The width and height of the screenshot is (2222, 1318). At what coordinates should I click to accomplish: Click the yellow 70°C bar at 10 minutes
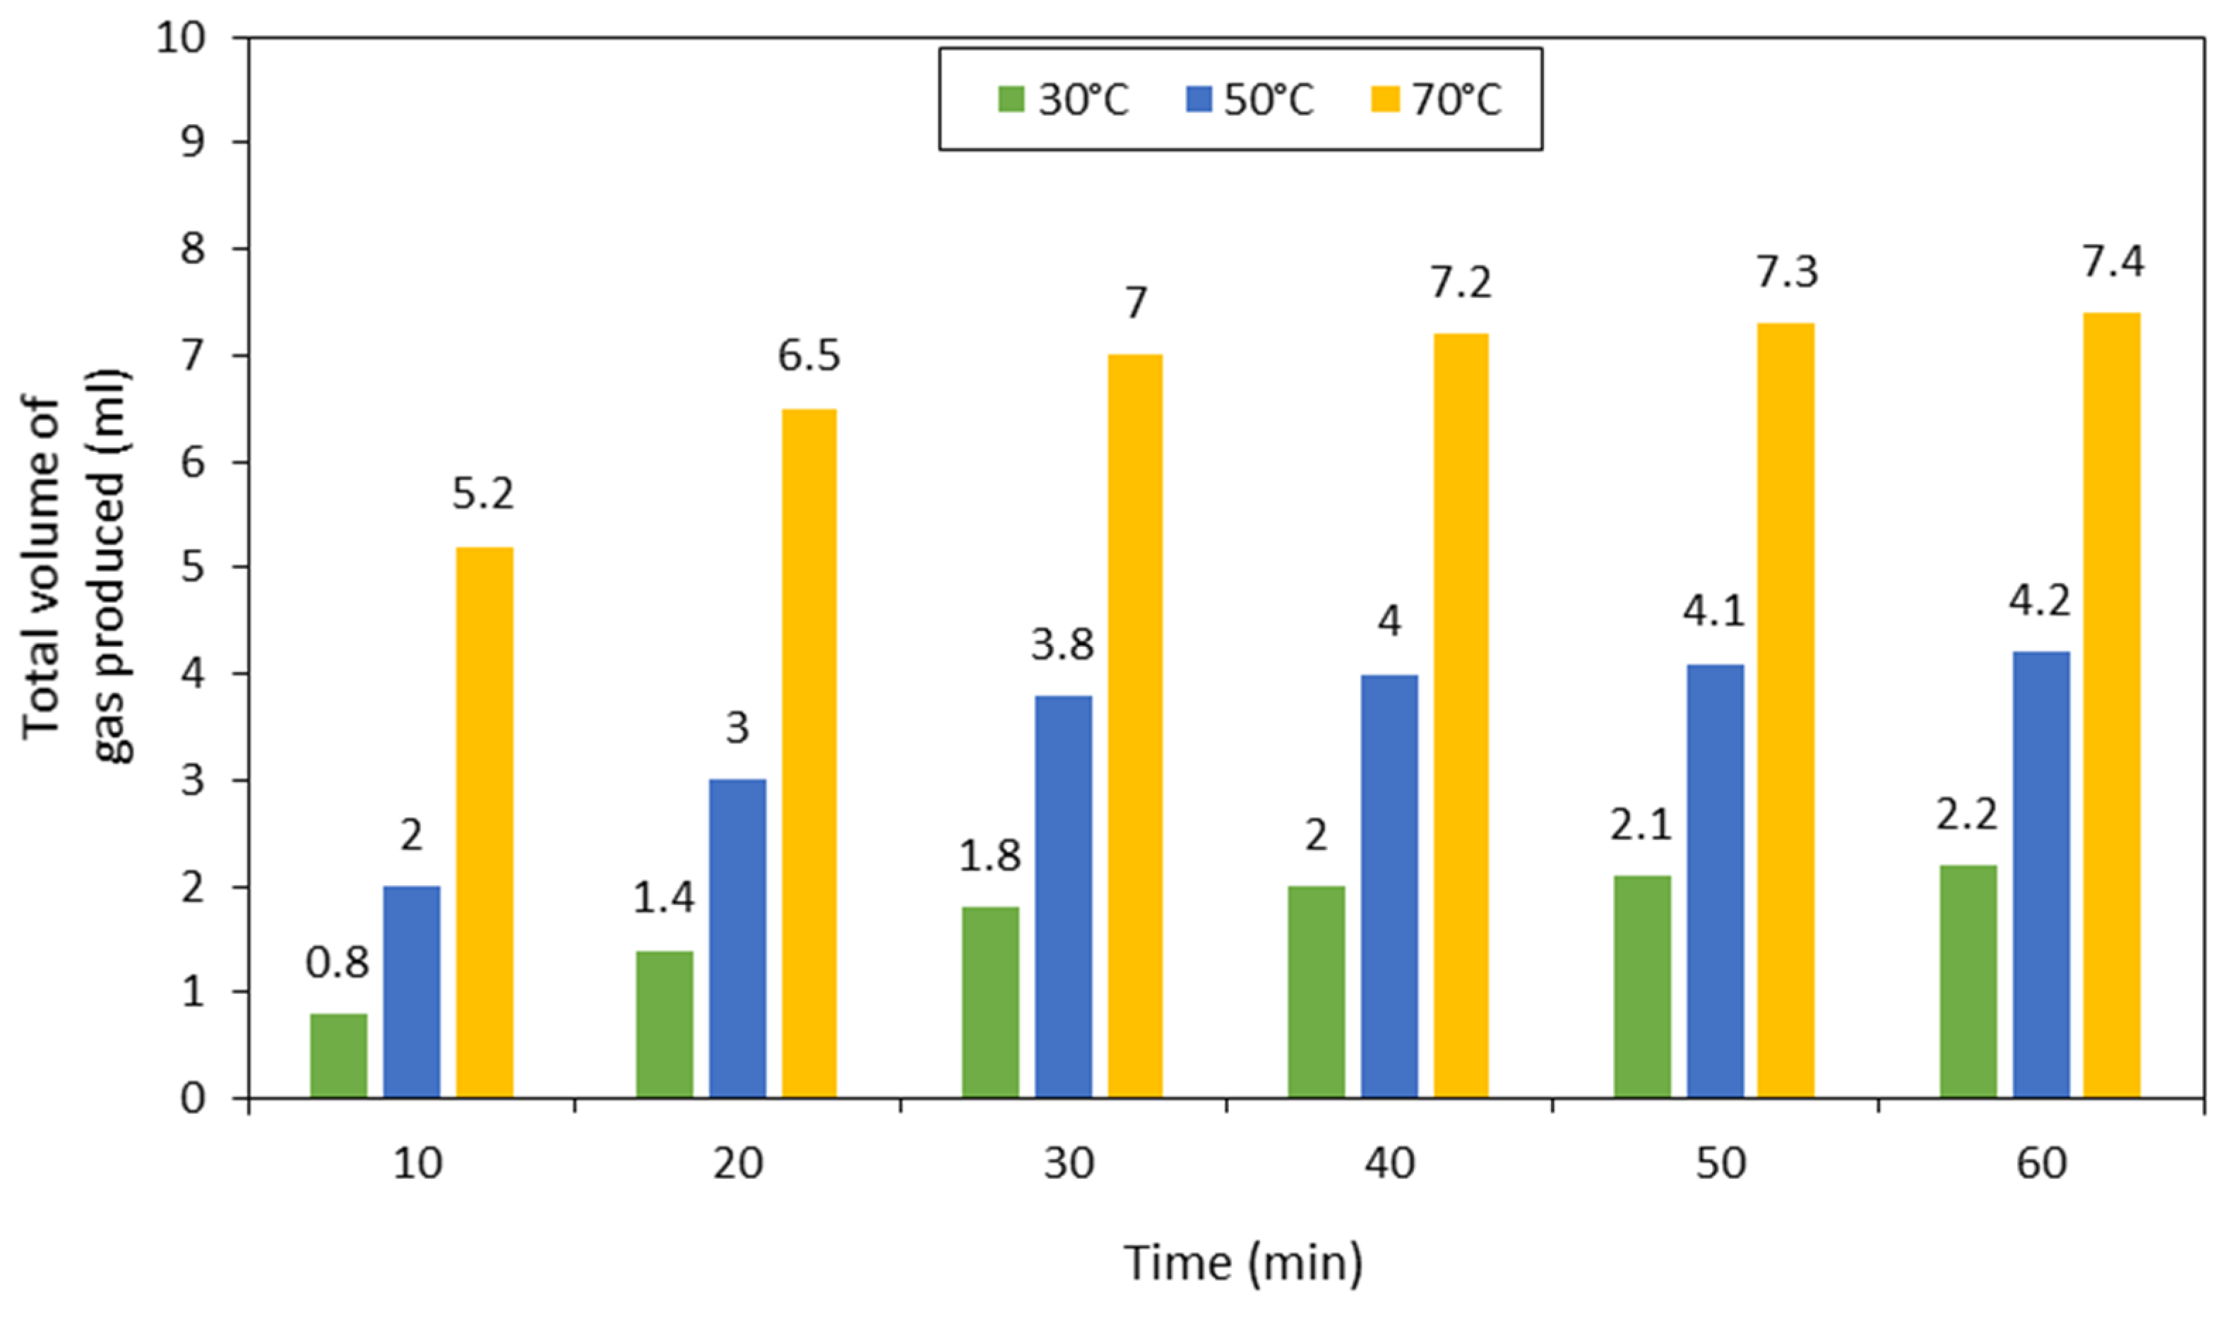(485, 823)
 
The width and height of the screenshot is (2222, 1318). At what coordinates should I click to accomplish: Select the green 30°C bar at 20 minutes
(665, 1025)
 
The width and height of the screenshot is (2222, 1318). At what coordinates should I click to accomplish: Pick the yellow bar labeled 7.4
(2112, 706)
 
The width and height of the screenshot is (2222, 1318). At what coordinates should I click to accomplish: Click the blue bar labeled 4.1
(1715, 882)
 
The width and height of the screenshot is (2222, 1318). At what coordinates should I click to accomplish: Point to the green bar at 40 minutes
(1316, 992)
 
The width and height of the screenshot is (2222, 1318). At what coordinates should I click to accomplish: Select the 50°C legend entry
(1249, 100)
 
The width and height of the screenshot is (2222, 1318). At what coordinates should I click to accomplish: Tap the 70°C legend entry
(1437, 100)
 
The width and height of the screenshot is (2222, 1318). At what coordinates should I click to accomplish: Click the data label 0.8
(337, 963)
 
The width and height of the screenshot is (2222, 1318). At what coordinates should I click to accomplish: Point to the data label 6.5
(809, 356)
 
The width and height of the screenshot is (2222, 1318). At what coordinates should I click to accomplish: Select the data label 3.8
(1062, 645)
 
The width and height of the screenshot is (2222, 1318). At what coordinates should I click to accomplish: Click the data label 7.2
(1461, 282)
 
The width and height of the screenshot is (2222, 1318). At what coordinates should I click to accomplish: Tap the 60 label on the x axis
(2040, 1163)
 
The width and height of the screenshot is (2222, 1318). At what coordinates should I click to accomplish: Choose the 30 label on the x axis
(1069, 1163)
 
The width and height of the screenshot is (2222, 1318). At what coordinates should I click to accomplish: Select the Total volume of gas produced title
(76, 567)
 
